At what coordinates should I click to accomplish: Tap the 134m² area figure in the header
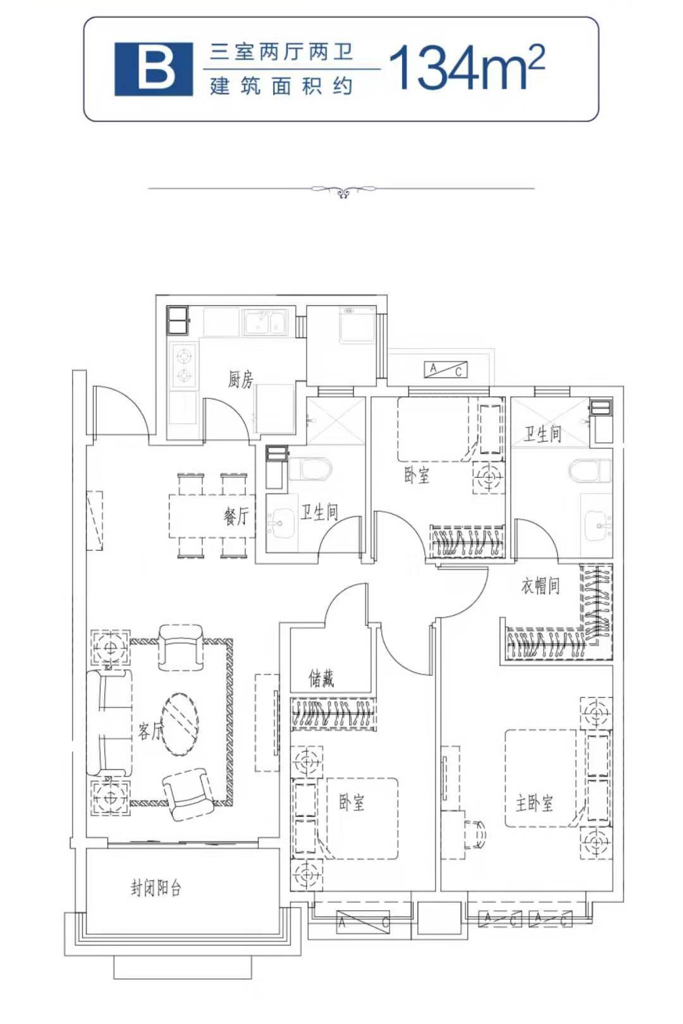(x=467, y=67)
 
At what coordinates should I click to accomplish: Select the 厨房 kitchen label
(x=240, y=379)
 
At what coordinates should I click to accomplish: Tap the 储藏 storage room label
(x=321, y=679)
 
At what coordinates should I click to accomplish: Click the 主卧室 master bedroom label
(x=534, y=803)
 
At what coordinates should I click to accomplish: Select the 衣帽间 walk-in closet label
(x=540, y=586)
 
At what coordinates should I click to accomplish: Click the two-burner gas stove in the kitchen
(x=184, y=365)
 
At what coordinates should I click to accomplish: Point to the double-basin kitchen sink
(x=264, y=322)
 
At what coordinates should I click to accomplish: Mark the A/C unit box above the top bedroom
(x=445, y=369)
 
